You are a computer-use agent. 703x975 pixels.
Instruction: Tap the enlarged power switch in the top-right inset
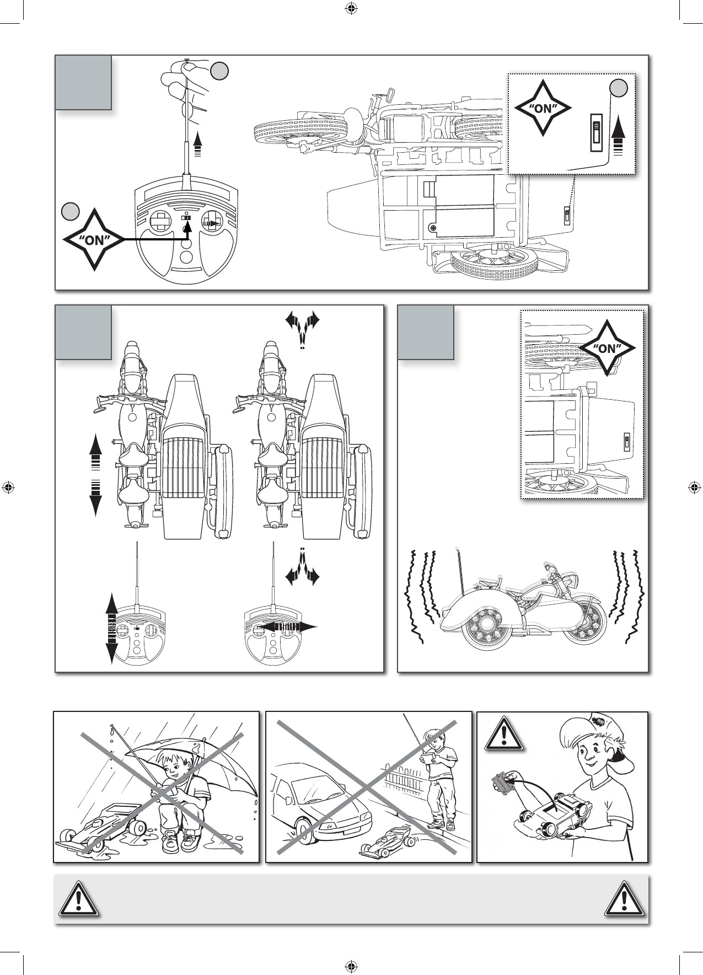click(595, 132)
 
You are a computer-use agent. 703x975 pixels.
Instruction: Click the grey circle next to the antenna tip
click(219, 70)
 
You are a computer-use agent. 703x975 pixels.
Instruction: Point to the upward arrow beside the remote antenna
click(197, 144)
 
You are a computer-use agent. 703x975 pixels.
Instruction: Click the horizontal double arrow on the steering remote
click(288, 626)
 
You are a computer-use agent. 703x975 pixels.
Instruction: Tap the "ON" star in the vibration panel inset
click(607, 349)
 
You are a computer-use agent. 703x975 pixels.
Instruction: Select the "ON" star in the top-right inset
click(543, 109)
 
